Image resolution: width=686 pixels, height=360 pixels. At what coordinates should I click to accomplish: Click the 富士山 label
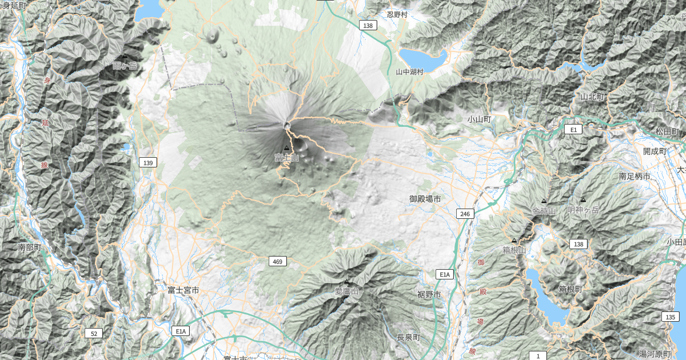coord(286,158)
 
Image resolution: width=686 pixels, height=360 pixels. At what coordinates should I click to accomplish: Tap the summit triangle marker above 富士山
coord(286,148)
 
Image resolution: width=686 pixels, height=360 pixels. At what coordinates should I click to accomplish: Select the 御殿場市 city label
coord(425,199)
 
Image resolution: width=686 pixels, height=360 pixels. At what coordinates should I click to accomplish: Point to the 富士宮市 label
coord(184,290)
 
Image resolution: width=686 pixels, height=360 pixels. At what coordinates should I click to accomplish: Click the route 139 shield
coord(147,163)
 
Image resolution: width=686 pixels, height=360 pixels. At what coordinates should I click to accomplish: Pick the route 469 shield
coord(277,261)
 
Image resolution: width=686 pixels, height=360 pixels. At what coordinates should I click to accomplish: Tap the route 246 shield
coord(465,214)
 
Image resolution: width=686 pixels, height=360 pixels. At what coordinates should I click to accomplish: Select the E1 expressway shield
coord(574,130)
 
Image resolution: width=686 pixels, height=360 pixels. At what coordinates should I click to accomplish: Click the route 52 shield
coord(93,333)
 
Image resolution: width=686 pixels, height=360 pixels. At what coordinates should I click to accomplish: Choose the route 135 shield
coord(670,317)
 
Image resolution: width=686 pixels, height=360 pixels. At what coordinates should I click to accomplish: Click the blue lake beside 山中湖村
coord(423,58)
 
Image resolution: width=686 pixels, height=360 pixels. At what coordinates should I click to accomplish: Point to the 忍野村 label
coord(397,15)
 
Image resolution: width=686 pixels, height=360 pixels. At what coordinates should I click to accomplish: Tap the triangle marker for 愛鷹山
coord(346,282)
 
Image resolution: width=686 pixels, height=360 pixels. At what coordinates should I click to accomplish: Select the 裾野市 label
coord(429,295)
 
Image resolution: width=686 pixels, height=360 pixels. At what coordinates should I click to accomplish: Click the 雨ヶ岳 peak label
coord(125,66)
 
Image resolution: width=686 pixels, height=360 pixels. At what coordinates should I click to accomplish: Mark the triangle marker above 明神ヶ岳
coord(583,200)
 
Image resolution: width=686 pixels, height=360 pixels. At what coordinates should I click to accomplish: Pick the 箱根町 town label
coord(571,290)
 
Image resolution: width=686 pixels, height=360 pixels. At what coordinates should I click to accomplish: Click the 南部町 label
coord(30,247)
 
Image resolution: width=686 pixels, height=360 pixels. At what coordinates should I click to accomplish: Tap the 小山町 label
coord(478,119)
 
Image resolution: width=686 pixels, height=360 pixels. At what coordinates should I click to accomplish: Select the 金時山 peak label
coord(544,211)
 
